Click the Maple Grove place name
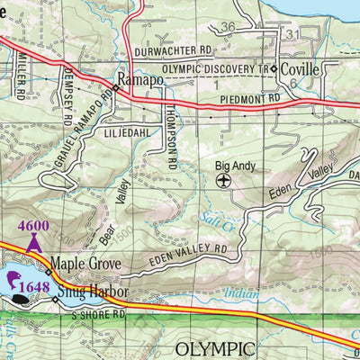88,265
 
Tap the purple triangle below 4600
34,240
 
